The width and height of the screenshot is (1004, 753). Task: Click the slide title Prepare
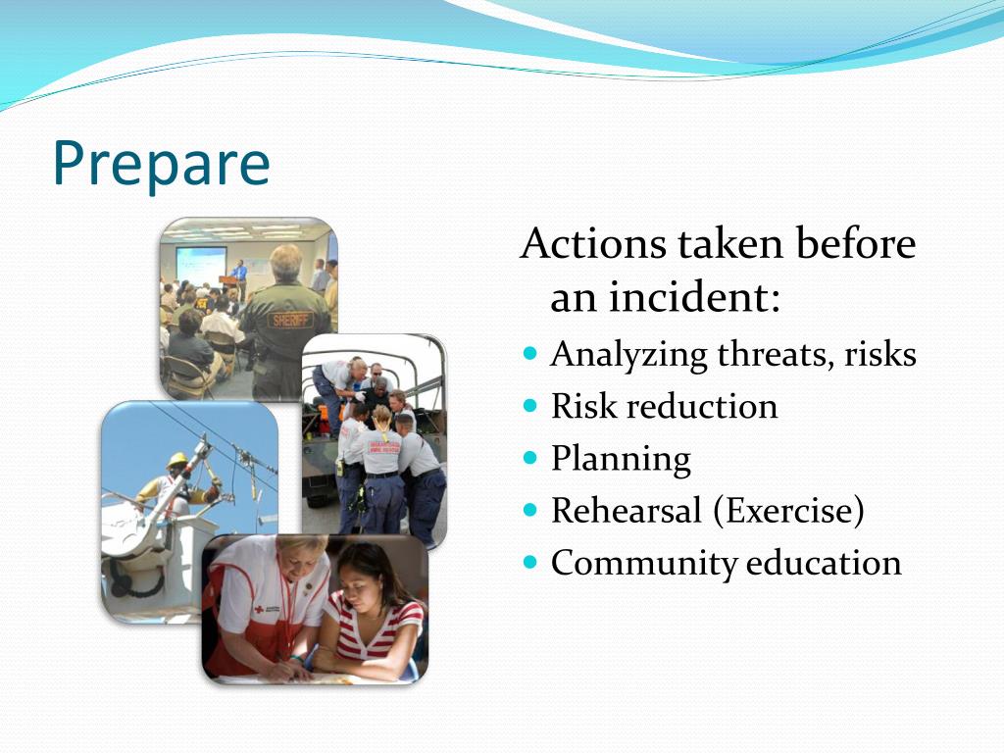point(162,163)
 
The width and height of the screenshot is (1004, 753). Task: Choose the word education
point(824,562)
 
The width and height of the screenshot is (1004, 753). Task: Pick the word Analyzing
point(628,355)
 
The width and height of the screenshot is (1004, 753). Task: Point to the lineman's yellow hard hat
point(177,460)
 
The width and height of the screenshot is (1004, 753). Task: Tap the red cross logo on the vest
point(259,609)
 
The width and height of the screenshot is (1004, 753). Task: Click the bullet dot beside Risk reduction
point(529,405)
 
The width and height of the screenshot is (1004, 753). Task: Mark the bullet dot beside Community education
point(529,562)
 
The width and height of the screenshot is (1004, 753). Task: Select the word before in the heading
point(855,243)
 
